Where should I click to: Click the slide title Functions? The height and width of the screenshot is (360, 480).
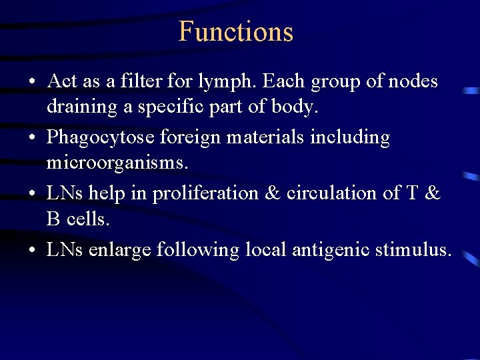click(236, 31)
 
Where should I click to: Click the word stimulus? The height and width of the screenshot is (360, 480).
click(413, 249)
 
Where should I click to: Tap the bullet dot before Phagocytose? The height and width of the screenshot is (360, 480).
click(31, 138)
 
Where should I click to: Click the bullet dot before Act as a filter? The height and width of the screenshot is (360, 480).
click(31, 82)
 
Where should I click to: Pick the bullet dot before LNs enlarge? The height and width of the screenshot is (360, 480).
click(31, 250)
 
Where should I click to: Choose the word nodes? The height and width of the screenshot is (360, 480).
click(412, 81)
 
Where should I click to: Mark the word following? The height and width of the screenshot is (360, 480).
click(198, 250)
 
